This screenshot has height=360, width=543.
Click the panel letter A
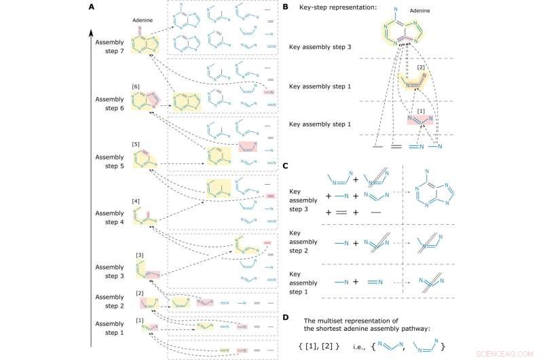coord(92,7)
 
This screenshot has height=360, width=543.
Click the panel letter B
coord(286,7)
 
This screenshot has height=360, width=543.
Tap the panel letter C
coord(286,165)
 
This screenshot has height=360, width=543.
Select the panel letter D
coord(286,317)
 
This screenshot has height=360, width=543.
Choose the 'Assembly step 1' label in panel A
coord(109,328)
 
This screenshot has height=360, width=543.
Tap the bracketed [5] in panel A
coord(137,144)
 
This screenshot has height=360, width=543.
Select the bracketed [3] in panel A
coord(140,255)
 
